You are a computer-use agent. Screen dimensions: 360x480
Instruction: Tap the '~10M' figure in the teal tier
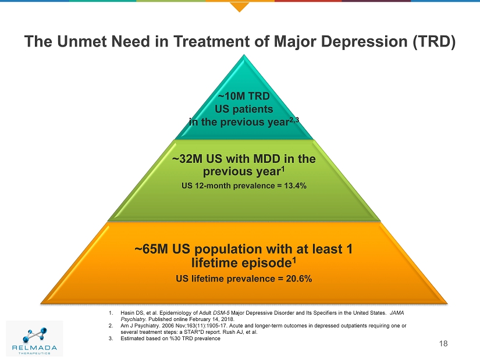(231, 96)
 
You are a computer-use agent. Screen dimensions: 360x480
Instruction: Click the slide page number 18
(444, 344)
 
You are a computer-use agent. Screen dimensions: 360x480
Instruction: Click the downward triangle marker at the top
(239, 6)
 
